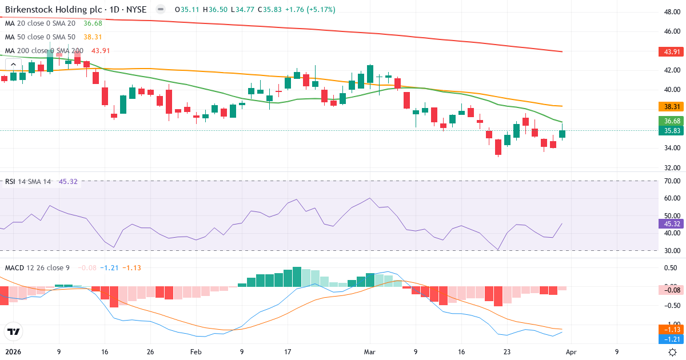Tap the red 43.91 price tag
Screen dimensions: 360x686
[x=671, y=52]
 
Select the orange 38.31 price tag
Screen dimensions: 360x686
[x=671, y=107]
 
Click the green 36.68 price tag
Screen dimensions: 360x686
[x=671, y=121]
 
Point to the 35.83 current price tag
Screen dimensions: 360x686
[x=671, y=131]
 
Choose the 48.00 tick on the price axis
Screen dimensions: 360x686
[x=671, y=11]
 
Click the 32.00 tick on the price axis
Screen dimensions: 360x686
[x=671, y=168]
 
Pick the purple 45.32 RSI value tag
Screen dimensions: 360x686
[x=671, y=224]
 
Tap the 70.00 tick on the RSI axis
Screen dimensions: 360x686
[x=671, y=181]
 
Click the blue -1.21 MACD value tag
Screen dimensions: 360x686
[x=671, y=339]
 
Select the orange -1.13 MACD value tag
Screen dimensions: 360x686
[x=671, y=330]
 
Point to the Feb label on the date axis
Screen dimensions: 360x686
[x=196, y=352]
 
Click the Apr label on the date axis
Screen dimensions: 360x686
[x=572, y=352]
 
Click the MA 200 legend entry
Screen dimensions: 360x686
[x=44, y=51]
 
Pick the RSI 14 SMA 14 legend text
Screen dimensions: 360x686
[x=27, y=182]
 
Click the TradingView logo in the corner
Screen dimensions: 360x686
[x=13, y=331]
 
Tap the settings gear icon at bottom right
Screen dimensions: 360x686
[x=673, y=352]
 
